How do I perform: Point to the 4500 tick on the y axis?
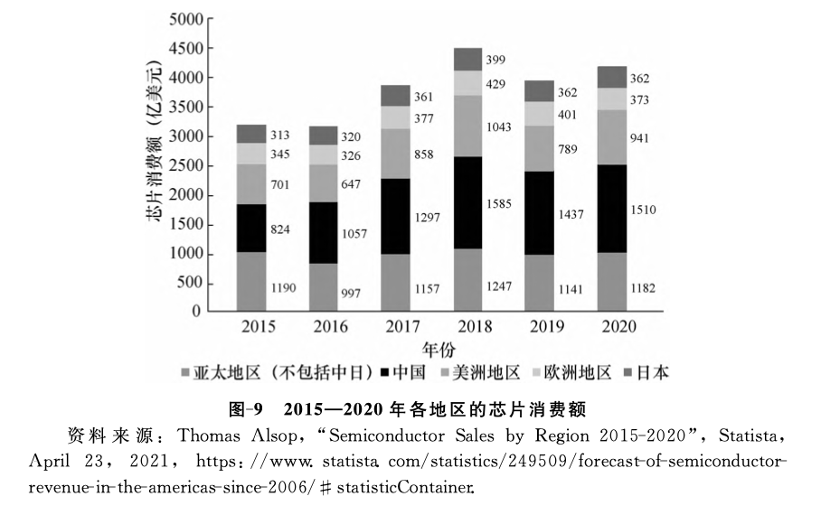pyautogui.click(x=184, y=48)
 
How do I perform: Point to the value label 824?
pyautogui.click(x=280, y=229)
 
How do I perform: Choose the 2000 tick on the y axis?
pyautogui.click(x=184, y=195)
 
